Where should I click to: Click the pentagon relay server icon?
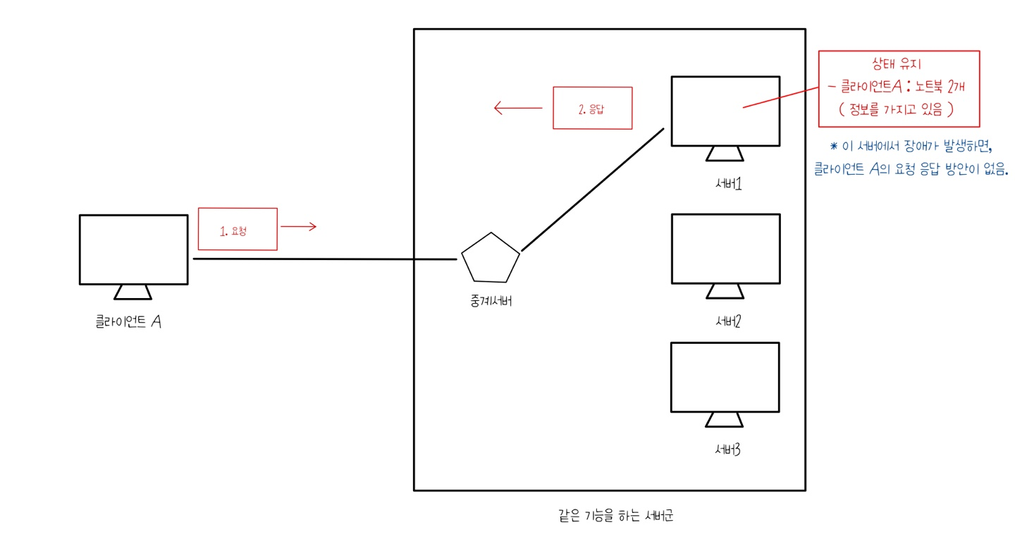[491, 258]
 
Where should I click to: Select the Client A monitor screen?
[134, 249]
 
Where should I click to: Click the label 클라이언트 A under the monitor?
[130, 322]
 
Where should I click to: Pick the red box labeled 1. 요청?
[238, 229]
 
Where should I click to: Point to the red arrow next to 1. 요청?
[299, 226]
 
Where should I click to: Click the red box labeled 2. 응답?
[592, 108]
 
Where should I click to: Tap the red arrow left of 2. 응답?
[518, 108]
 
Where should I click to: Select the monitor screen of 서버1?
[725, 111]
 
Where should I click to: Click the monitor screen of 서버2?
[725, 248]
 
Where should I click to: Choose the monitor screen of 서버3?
[725, 377]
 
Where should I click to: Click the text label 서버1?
[726, 185]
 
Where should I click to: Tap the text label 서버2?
[726, 321]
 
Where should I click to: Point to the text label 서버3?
[726, 450]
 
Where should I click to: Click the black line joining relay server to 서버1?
[592, 189]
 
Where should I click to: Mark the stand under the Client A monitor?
[133, 292]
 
